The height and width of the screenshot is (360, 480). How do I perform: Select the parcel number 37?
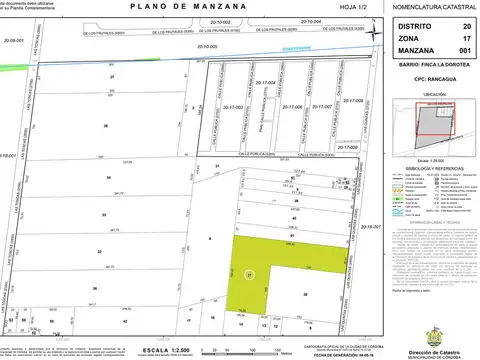point(113,77)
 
